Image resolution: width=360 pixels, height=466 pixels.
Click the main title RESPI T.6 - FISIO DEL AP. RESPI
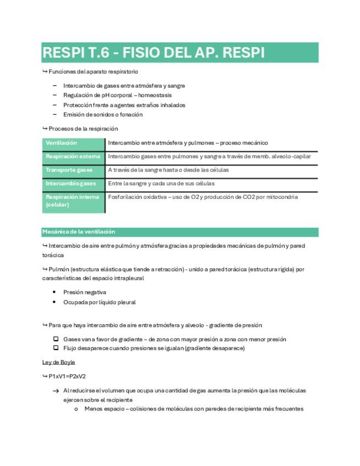pyautogui.click(x=153, y=53)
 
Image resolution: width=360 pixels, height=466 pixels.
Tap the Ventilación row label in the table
pyautogui.click(x=62, y=143)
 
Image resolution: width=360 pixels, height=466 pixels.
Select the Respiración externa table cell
pyautogui.click(x=73, y=157)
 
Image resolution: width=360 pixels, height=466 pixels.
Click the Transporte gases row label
pyautogui.click(x=69, y=170)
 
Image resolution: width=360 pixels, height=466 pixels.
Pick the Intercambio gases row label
pyautogui.click(x=71, y=184)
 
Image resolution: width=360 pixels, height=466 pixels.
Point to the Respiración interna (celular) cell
pyautogui.click(x=73, y=201)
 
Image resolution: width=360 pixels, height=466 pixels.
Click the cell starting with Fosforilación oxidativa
pyautogui.click(x=203, y=197)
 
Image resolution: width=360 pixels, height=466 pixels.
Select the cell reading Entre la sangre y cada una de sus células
pyautogui.click(x=161, y=184)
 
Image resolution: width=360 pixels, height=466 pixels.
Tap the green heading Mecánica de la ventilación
pyautogui.click(x=79, y=232)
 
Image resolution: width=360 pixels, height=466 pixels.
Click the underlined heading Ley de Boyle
pyautogui.click(x=59, y=362)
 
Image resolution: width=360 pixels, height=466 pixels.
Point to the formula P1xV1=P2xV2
pyautogui.click(x=67, y=376)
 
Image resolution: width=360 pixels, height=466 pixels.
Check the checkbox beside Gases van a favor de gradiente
pyautogui.click(x=56, y=339)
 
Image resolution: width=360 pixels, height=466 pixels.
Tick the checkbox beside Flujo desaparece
pyautogui.click(x=56, y=348)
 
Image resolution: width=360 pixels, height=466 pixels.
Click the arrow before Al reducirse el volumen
pyautogui.click(x=56, y=391)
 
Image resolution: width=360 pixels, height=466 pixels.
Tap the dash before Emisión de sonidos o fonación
pyautogui.click(x=55, y=115)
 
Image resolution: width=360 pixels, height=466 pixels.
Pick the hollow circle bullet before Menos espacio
pyautogui.click(x=76, y=409)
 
